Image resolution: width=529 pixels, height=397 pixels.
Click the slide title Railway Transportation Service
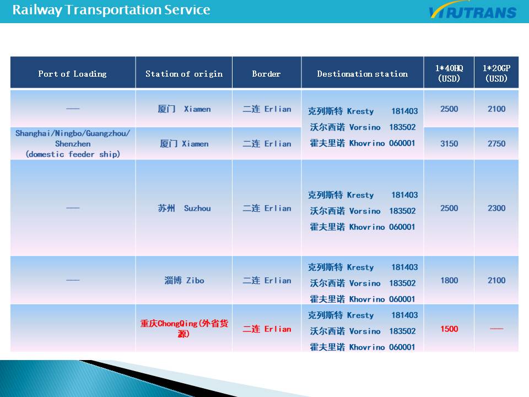pyautogui.click(x=111, y=10)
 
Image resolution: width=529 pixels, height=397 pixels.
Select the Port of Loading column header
pyautogui.click(x=73, y=73)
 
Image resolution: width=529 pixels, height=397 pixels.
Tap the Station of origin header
pyautogui.click(x=184, y=73)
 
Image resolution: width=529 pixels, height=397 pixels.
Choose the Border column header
pyautogui.click(x=266, y=73)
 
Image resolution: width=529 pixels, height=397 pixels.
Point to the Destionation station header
pyautogui.click(x=363, y=73)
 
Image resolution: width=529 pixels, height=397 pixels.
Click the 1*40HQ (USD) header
pyautogui.click(x=449, y=73)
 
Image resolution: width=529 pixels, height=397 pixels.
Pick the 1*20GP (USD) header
pyautogui.click(x=496, y=73)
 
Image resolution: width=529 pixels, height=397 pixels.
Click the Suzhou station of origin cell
pyautogui.click(x=184, y=208)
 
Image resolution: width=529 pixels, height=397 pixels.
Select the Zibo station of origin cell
pyautogui.click(x=184, y=280)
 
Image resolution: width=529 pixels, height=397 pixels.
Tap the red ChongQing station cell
pyautogui.click(x=184, y=329)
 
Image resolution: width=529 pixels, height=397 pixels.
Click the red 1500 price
pyautogui.click(x=449, y=329)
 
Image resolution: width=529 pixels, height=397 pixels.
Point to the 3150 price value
pyautogui.click(x=449, y=143)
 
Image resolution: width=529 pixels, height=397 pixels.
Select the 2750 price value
pyautogui.click(x=496, y=143)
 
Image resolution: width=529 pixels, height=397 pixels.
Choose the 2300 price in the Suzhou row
pyautogui.click(x=496, y=208)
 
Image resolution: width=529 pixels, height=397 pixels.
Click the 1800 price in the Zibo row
pyautogui.click(x=449, y=280)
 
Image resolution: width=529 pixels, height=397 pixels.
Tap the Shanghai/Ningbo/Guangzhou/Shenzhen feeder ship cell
pyautogui.click(x=73, y=143)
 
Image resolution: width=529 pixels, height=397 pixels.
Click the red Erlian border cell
pyautogui.click(x=267, y=329)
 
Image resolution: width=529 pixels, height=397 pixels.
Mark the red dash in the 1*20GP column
pyautogui.click(x=496, y=329)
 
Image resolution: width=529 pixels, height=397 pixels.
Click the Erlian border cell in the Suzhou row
pyautogui.click(x=267, y=208)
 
